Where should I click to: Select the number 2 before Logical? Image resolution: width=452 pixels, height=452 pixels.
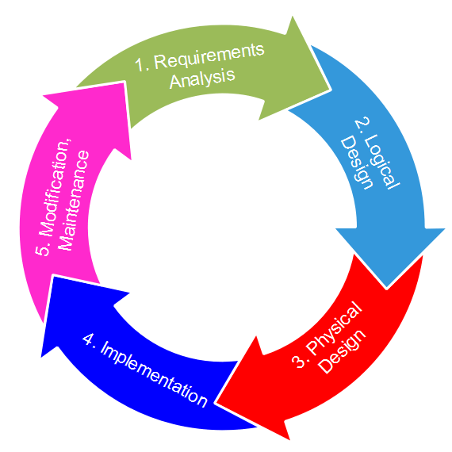(361, 126)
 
